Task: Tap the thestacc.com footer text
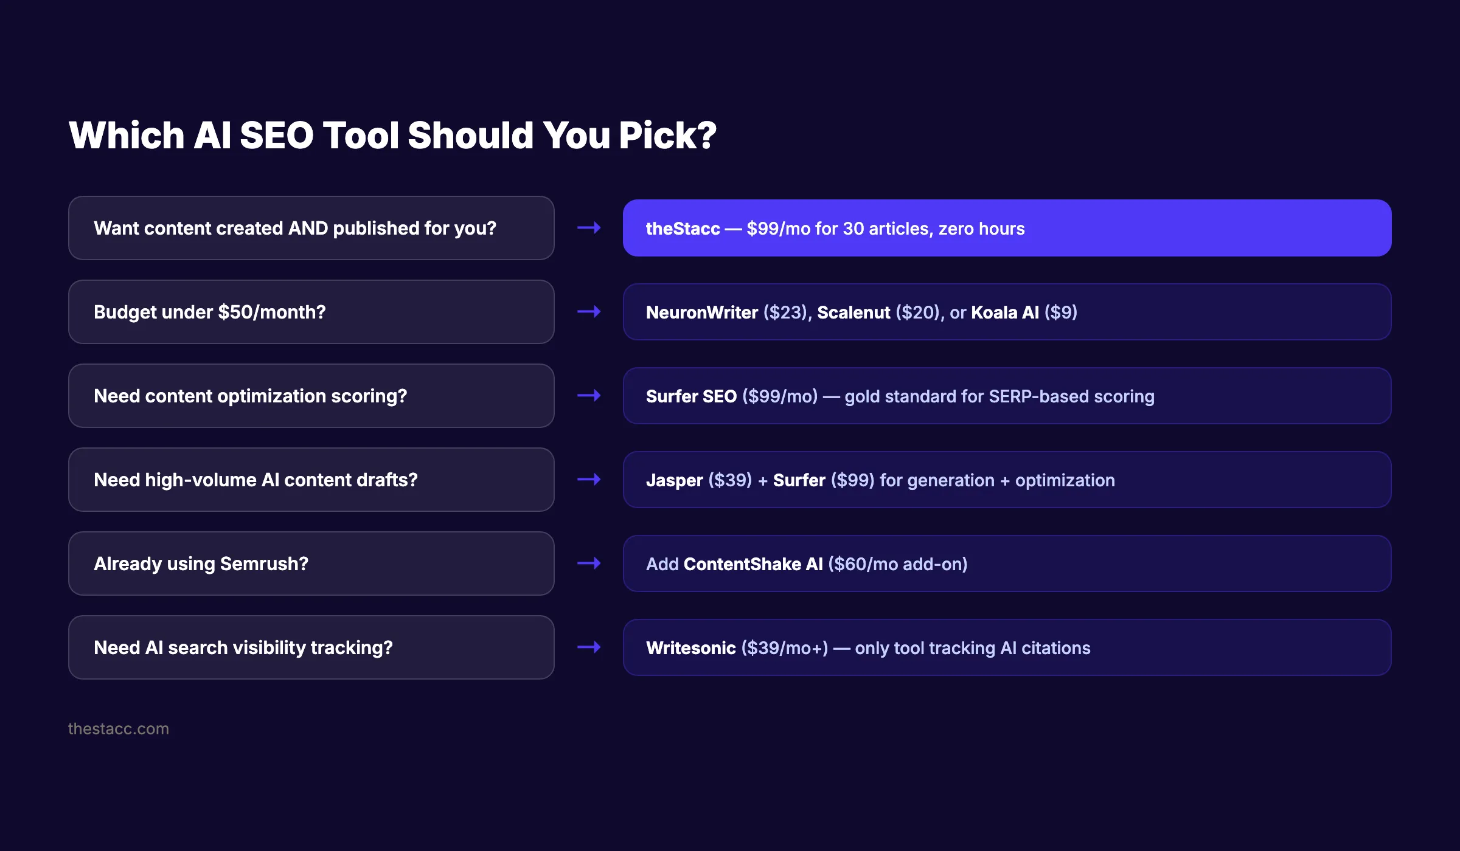118,729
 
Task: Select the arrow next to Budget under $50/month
589,312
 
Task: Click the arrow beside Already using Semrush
589,563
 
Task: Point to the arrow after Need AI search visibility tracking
589,647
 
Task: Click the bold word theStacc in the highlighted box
683,229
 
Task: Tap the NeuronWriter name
701,312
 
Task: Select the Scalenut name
853,312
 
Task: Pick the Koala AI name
1005,312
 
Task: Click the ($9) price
1061,312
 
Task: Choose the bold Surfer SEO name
691,396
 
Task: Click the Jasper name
674,480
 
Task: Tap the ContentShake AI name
753,564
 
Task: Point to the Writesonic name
690,648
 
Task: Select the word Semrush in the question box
264,564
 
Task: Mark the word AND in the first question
308,229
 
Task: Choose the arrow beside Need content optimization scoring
589,396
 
